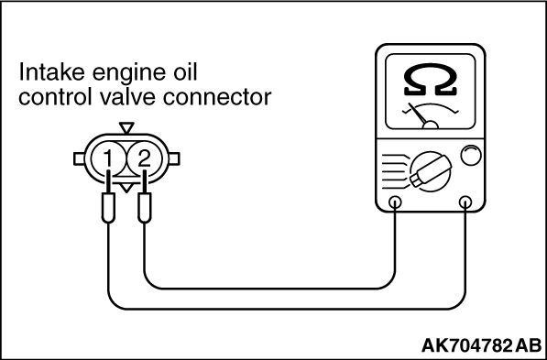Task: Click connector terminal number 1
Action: pos(108,160)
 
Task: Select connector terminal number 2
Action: pos(142,160)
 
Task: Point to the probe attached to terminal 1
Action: pos(108,212)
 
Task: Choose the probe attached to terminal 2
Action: pos(144,212)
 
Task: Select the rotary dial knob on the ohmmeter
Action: pos(429,169)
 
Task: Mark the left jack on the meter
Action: pos(396,202)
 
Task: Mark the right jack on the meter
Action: pos(467,202)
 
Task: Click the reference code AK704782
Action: pos(466,345)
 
